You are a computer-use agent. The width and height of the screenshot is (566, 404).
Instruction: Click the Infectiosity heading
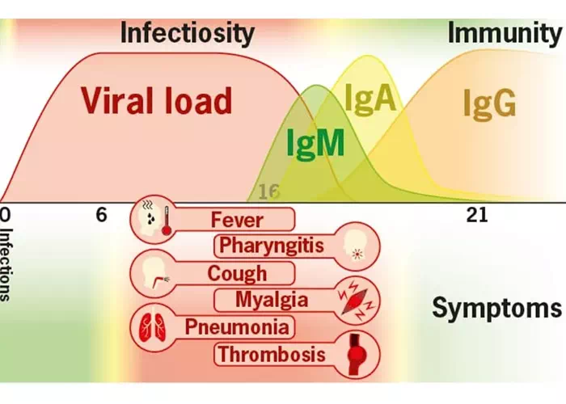click(x=188, y=34)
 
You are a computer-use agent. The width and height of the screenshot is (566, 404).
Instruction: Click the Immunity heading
click(x=504, y=34)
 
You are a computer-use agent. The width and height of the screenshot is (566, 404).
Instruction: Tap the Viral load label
click(x=156, y=100)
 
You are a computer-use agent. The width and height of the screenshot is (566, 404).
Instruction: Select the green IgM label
click(x=315, y=143)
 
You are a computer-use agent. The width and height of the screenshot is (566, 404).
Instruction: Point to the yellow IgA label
click(x=370, y=98)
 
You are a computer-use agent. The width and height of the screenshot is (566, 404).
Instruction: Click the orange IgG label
click(x=490, y=103)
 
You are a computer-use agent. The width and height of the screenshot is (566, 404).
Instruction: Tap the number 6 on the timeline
click(x=101, y=215)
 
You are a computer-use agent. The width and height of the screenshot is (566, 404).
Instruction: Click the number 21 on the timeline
click(x=476, y=215)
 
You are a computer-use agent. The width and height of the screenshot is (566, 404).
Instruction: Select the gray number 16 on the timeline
click(x=268, y=191)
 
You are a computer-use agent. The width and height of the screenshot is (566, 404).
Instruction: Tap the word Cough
click(x=237, y=273)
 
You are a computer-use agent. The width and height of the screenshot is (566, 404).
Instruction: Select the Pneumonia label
click(x=236, y=327)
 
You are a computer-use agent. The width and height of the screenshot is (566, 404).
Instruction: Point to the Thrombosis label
click(x=272, y=354)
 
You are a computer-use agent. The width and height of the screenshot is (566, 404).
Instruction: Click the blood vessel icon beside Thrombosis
click(x=353, y=354)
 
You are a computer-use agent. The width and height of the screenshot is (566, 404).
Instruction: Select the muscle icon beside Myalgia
click(x=353, y=300)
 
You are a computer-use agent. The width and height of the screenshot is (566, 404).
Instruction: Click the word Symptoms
click(x=496, y=308)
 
